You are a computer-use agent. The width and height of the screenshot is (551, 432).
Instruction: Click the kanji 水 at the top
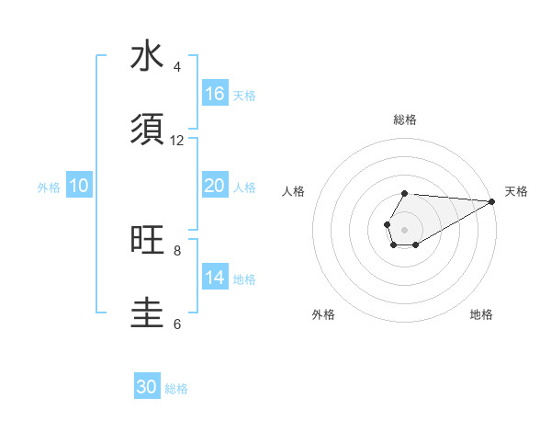coord(147,57)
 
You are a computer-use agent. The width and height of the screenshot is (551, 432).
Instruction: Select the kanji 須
coord(147,131)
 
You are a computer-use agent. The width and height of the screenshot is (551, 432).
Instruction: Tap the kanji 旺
coord(147,240)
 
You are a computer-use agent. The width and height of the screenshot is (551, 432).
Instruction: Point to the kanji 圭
coord(147,313)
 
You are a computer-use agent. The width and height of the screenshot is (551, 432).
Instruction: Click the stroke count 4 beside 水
coord(177,67)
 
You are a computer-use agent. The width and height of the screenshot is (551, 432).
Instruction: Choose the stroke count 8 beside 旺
coord(177,250)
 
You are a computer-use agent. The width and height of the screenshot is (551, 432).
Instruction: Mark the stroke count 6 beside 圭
coord(177,324)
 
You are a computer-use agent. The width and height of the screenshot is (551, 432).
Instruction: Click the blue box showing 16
coord(215,94)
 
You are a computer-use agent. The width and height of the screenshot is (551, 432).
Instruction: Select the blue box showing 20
coord(215,186)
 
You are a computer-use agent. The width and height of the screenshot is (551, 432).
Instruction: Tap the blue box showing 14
coord(215,278)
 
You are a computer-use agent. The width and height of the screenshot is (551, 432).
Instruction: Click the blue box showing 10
coord(79,186)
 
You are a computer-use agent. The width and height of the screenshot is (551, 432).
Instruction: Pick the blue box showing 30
coord(147,387)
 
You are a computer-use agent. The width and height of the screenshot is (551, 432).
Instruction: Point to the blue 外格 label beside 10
coord(49,187)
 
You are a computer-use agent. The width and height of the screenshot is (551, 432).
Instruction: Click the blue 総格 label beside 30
coord(177,389)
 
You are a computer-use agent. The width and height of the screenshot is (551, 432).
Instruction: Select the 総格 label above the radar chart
coord(405,119)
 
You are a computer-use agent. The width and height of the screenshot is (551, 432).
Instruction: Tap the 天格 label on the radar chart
coord(516,191)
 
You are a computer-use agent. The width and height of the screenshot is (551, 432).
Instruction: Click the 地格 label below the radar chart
coord(481,314)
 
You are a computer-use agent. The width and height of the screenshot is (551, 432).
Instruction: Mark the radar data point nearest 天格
coord(491,201)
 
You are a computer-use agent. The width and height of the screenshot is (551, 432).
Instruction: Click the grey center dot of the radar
coord(404,228)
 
